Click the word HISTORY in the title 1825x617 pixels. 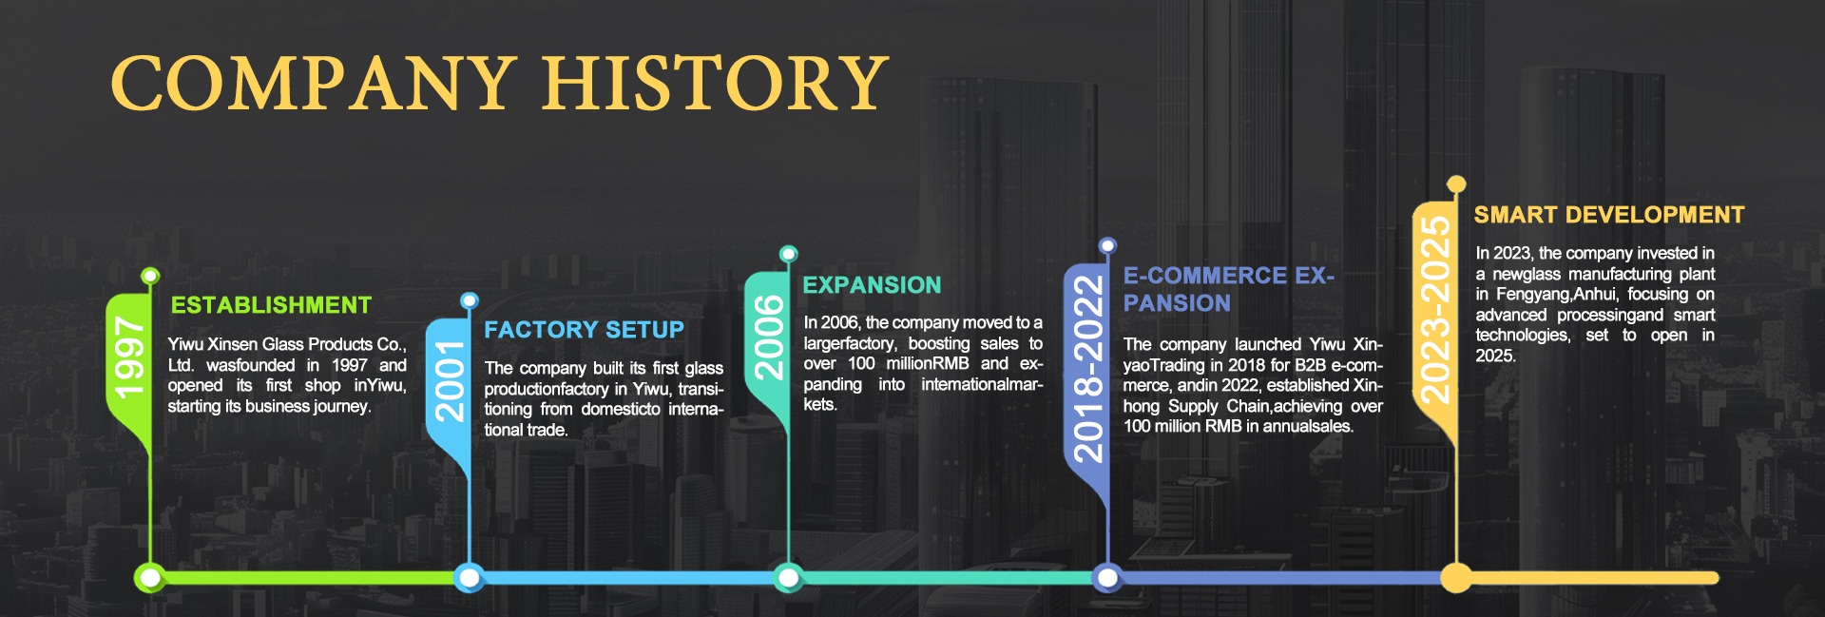(715, 83)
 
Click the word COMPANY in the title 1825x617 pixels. (314, 83)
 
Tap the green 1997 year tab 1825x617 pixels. (128, 361)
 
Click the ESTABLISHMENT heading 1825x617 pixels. (271, 305)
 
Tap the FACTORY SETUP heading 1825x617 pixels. (584, 330)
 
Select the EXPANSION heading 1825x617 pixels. (872, 285)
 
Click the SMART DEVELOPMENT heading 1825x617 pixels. (1609, 215)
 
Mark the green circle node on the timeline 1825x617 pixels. (149, 577)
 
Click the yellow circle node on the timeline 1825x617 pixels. (1455, 577)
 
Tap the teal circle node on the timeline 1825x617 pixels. (788, 577)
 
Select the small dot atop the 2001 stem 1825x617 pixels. (469, 301)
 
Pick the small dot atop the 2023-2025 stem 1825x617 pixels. (1456, 184)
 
